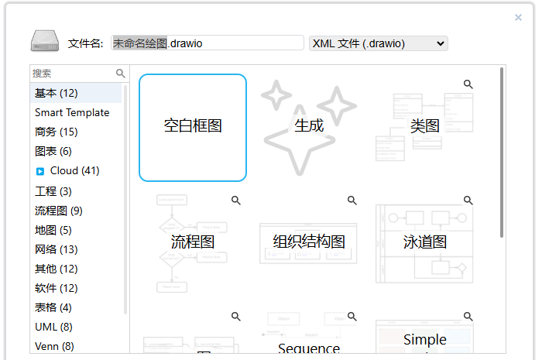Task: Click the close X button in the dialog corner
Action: pos(518,17)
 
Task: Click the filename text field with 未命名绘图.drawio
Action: pos(207,43)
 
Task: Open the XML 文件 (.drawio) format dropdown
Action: pos(378,43)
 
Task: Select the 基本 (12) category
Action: pos(57,93)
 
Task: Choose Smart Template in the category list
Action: pos(72,112)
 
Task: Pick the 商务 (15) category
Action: pos(57,132)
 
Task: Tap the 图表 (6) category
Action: pos(53,151)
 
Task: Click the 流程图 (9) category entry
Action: pos(59,210)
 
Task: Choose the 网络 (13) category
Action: pos(57,249)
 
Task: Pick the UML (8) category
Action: pos(53,327)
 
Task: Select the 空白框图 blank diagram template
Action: pos(193,127)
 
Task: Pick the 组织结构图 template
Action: pos(309,242)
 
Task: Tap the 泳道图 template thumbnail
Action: pos(424,242)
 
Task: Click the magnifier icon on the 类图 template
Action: pos(468,84)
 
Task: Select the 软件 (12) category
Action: pos(57,288)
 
